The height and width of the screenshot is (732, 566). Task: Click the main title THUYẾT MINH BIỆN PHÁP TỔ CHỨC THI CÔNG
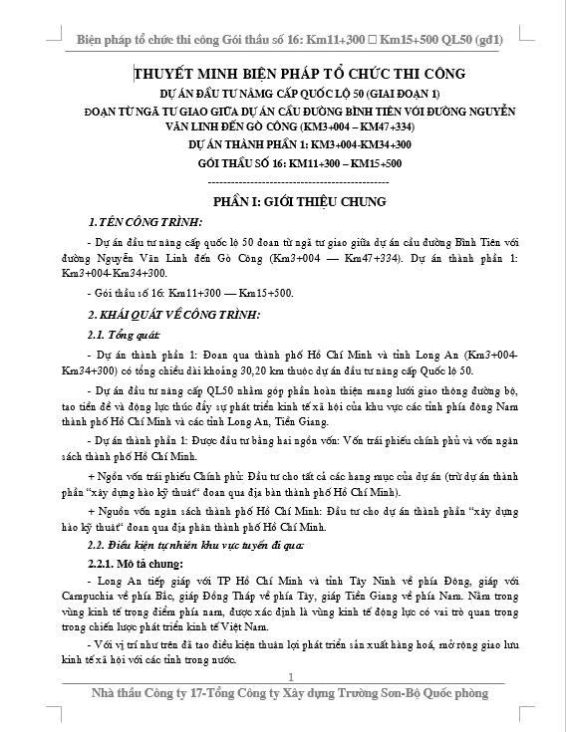pos(286,74)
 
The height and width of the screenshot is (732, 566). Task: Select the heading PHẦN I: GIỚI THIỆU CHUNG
pos(286,201)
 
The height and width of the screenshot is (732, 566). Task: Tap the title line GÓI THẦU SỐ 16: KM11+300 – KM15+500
pos(286,162)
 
